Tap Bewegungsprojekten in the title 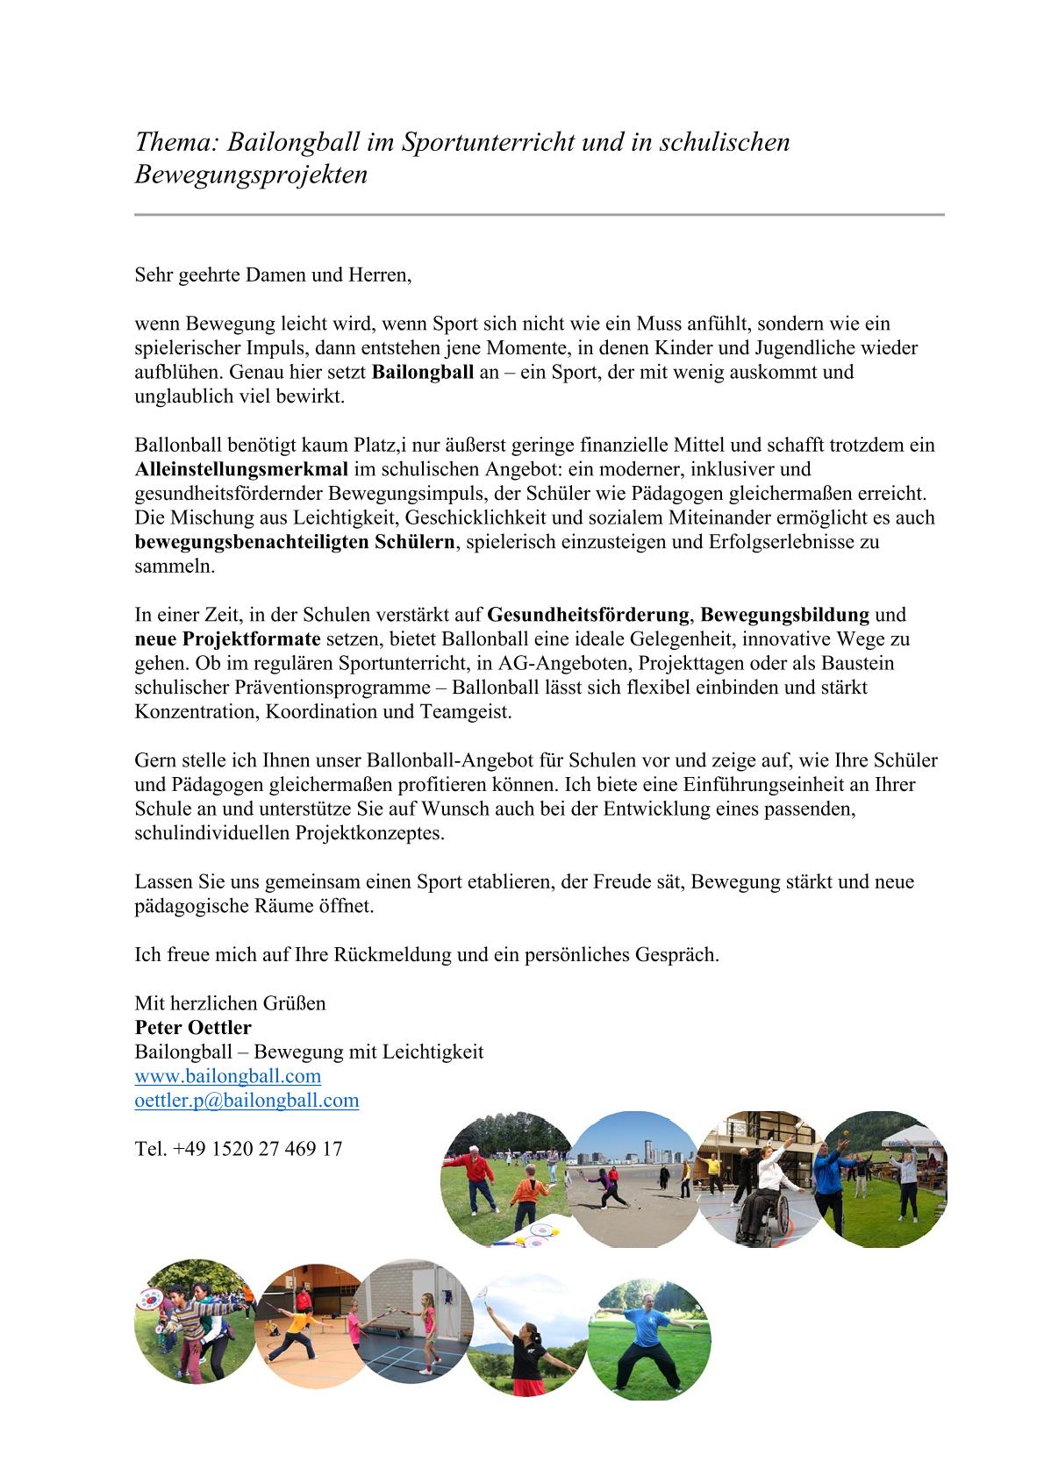tap(251, 175)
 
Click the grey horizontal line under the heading tap(539, 214)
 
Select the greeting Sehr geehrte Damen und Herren tap(273, 275)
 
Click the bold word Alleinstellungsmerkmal tap(241, 468)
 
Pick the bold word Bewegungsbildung tap(784, 614)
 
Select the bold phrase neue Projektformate tap(227, 638)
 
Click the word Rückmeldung tap(393, 954)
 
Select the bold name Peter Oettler tap(193, 1027)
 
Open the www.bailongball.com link tap(228, 1076)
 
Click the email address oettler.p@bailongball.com tap(247, 1101)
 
